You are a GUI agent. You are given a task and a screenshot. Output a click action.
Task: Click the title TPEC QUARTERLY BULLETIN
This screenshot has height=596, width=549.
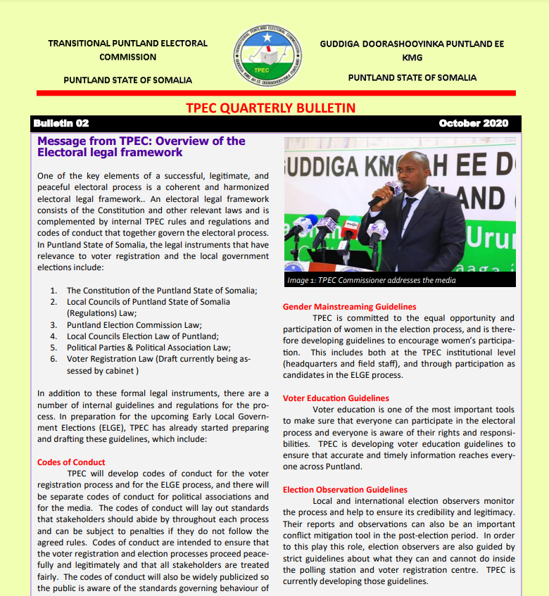click(270, 108)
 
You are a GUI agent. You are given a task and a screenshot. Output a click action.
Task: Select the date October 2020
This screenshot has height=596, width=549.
click(473, 123)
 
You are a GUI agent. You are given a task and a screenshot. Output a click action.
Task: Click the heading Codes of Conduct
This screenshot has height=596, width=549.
click(70, 462)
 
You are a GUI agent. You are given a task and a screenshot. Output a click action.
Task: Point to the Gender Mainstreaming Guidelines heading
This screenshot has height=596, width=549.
click(349, 307)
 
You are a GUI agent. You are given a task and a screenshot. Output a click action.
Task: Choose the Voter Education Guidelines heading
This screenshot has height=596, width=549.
click(336, 398)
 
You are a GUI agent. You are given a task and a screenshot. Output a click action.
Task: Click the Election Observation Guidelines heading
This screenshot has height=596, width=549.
click(345, 490)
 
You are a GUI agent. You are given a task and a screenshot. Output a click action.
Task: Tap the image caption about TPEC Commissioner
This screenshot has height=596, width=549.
click(371, 280)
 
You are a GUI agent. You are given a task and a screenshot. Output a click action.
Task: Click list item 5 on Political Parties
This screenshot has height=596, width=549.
click(149, 348)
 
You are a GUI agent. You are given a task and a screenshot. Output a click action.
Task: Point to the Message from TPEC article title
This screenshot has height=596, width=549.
click(141, 146)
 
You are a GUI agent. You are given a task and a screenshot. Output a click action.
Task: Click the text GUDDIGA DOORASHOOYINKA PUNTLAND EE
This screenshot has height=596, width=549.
click(412, 44)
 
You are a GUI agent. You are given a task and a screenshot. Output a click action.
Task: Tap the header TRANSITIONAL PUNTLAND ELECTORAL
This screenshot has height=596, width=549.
click(127, 44)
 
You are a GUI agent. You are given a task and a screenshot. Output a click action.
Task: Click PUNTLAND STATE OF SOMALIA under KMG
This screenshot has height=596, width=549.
click(412, 77)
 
